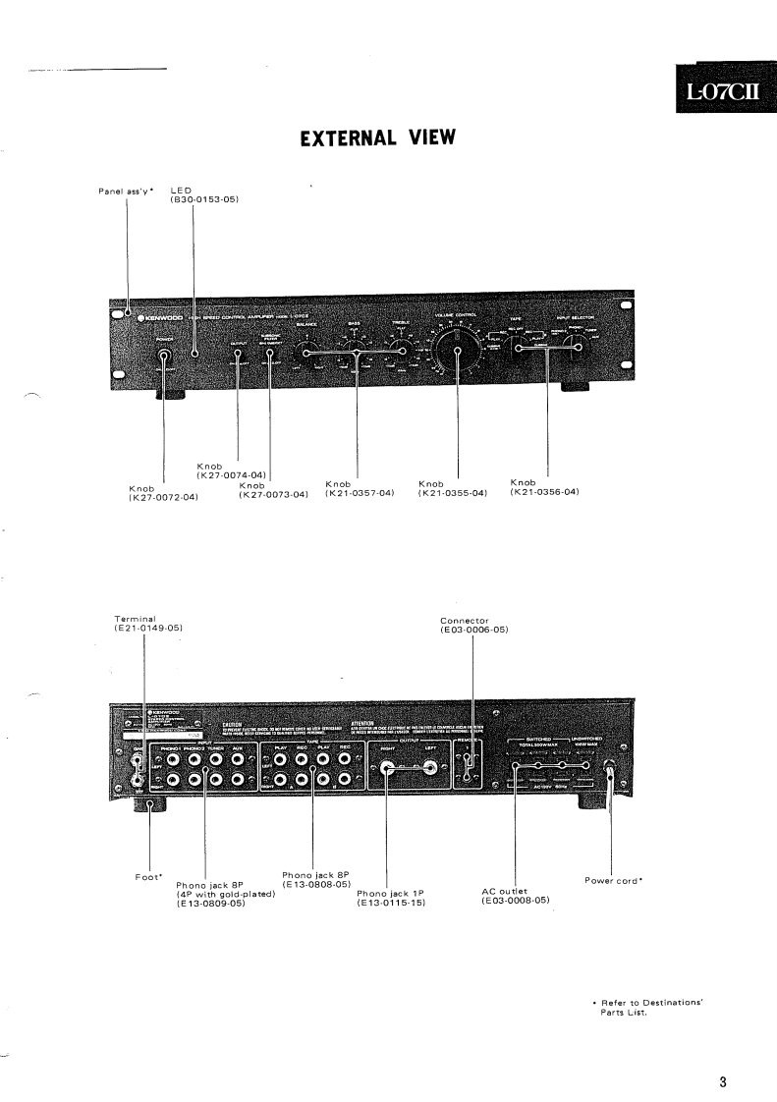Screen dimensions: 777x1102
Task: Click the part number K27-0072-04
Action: click(x=163, y=498)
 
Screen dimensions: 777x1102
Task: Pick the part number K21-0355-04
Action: click(x=453, y=493)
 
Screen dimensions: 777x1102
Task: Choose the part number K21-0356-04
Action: click(x=545, y=492)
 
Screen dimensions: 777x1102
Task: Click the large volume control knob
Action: click(x=458, y=349)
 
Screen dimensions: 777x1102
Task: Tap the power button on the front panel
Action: click(x=163, y=358)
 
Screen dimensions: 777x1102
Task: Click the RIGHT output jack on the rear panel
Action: click(x=386, y=771)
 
